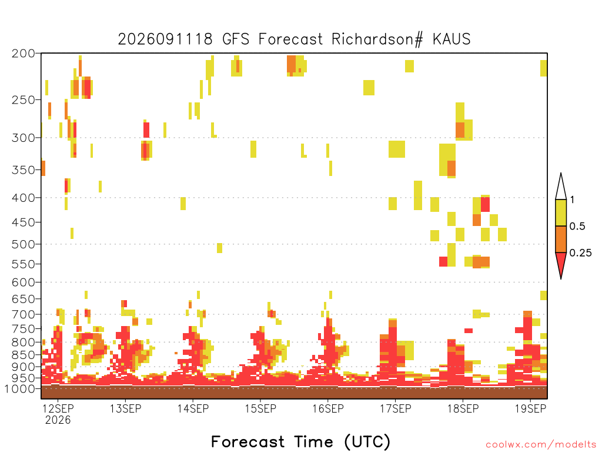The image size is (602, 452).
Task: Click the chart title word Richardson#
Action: tap(377, 39)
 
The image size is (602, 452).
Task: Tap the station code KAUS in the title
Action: tap(451, 39)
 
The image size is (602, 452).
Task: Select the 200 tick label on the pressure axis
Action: tap(24, 54)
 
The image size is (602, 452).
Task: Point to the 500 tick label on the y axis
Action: tap(24, 244)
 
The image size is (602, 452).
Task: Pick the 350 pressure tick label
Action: tap(24, 170)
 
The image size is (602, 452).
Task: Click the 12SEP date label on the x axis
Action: tap(58, 408)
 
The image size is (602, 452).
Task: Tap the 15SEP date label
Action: tap(260, 408)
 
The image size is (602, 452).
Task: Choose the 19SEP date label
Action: tap(530, 408)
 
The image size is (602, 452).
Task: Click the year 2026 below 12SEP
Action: tap(58, 420)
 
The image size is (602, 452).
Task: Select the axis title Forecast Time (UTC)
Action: tap(300, 441)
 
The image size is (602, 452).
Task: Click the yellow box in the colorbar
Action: tap(561, 212)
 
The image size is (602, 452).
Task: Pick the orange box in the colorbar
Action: tap(561, 239)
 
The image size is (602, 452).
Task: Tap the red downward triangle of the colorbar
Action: tap(561, 263)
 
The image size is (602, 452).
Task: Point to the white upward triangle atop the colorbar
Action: tap(561, 188)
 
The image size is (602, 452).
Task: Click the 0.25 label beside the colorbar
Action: tap(580, 253)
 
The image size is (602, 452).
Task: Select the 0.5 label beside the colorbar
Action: tap(577, 227)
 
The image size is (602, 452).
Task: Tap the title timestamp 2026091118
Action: tap(165, 39)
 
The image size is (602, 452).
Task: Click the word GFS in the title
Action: tap(236, 39)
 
